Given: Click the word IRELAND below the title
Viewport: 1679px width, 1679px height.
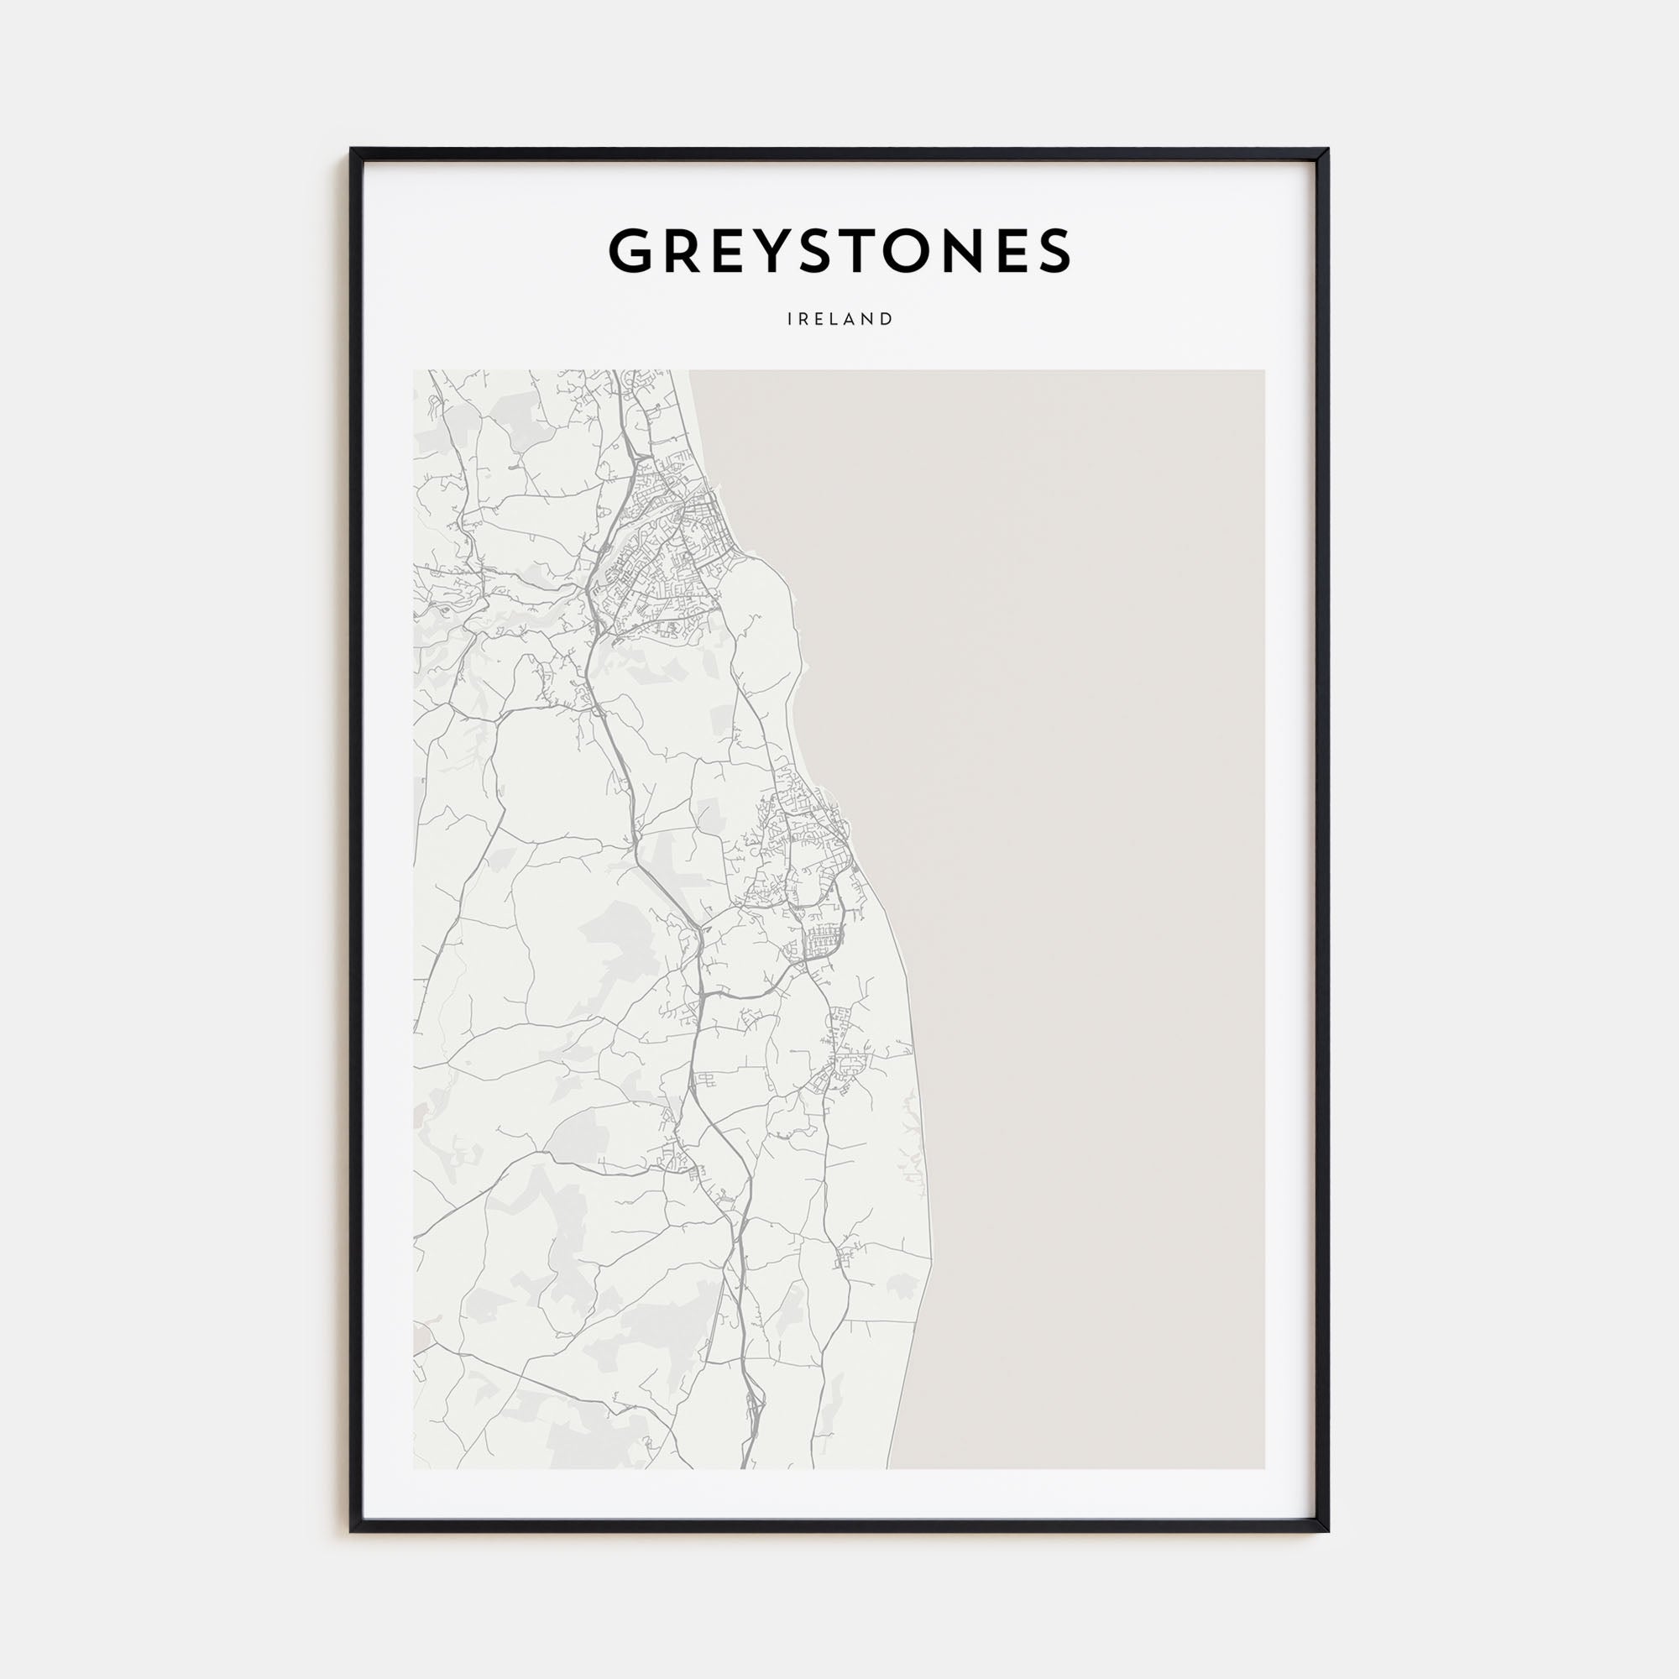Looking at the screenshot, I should click(839, 319).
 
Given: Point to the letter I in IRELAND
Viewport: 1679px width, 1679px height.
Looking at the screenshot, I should click(790, 319).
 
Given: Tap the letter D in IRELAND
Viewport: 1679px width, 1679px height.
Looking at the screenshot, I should click(887, 319).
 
